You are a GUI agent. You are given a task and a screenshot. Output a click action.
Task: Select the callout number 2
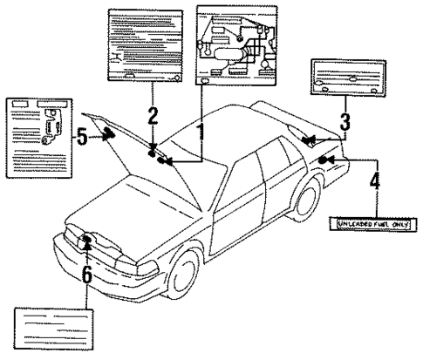pos(153,115)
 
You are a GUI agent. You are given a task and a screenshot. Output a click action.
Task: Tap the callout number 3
pos(345,122)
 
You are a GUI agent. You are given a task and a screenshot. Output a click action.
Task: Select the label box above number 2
pos(146,45)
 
